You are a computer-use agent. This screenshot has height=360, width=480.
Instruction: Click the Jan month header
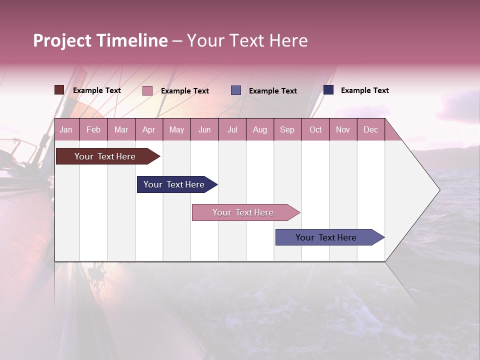tap(66, 130)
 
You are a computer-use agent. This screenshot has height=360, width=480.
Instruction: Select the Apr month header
tap(148, 130)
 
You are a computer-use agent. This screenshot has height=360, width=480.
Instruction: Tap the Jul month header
tap(232, 130)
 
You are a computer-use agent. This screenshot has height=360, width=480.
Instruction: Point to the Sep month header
tap(287, 130)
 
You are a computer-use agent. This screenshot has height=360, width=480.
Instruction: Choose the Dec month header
tap(370, 130)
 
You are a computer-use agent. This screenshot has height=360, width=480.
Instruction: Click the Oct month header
tap(315, 130)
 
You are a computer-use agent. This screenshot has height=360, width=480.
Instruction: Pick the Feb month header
tap(93, 130)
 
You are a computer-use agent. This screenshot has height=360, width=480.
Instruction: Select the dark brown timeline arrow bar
tap(105, 156)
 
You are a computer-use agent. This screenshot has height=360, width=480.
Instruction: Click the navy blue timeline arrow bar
tap(174, 184)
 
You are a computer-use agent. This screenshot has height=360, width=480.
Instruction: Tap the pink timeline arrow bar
tap(243, 212)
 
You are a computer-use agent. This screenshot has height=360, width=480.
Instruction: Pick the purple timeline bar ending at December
tap(326, 237)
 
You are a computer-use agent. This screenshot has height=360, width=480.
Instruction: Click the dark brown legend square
tap(59, 90)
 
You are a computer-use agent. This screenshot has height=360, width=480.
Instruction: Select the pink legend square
tap(147, 90)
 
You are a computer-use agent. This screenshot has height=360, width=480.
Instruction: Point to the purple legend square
tap(236, 90)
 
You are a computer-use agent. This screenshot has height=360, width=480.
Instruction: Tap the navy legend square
tap(328, 90)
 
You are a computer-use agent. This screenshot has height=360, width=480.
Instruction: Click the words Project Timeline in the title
tap(100, 40)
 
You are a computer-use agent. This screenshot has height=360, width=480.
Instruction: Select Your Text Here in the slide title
tap(247, 40)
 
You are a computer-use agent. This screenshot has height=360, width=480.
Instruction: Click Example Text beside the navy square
tap(364, 90)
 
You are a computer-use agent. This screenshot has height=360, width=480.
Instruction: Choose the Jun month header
tap(204, 130)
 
